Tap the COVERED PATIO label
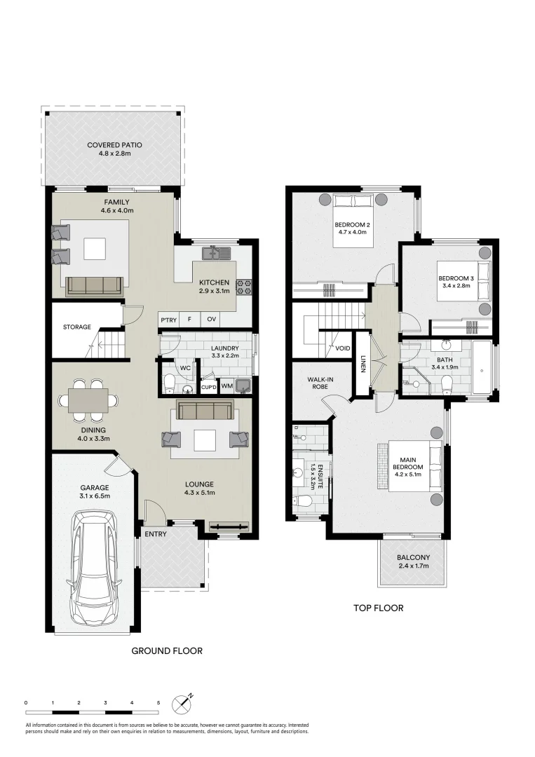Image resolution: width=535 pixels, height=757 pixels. pos(114,145)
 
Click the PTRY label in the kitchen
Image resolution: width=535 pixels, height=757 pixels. pos(168,320)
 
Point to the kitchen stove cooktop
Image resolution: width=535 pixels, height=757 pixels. pos(245,286)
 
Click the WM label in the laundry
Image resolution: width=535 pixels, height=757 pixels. pos(227,386)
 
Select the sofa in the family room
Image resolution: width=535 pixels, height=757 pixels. pos(93,285)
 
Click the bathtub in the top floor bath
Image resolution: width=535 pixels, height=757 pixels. pos(482,367)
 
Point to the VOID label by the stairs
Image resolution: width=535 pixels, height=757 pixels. pos(343,348)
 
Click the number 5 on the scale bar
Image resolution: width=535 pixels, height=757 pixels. pos(158,702)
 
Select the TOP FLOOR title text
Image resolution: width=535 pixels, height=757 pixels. pos(378,608)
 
